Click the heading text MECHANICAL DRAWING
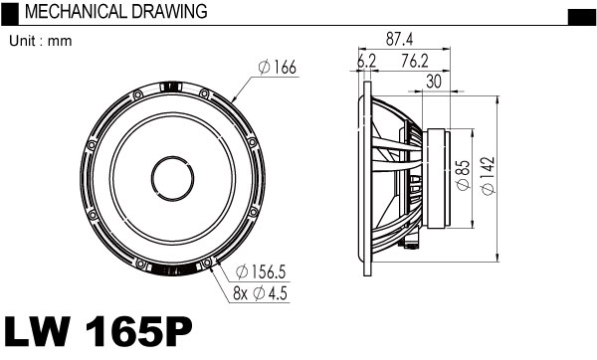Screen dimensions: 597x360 pyautogui.click(x=115, y=12)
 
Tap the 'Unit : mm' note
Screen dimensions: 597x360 pyautogui.click(x=41, y=41)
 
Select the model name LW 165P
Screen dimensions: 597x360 pyautogui.click(x=98, y=331)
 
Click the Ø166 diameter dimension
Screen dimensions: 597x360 pyautogui.click(x=277, y=68)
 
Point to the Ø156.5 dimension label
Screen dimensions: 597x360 pyautogui.click(x=261, y=272)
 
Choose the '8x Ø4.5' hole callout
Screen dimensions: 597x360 pyautogui.click(x=260, y=293)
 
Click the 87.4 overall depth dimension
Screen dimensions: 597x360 pyautogui.click(x=399, y=39)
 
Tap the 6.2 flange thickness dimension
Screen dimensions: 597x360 pyautogui.click(x=366, y=61)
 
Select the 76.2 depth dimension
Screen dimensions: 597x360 pyautogui.click(x=415, y=61)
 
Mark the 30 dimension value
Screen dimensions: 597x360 pyautogui.click(x=434, y=82)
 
